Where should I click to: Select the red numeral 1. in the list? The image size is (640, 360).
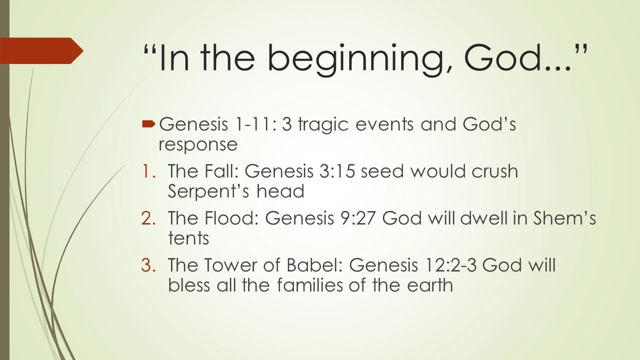[148, 171]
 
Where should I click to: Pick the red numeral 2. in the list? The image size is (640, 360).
[148, 218]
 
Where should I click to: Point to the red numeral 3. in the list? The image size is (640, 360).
[148, 265]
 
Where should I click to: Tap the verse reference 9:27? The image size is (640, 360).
[357, 218]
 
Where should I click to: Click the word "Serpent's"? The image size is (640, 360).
[208, 191]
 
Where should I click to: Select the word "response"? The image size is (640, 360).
[198, 145]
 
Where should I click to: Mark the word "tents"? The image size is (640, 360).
[188, 238]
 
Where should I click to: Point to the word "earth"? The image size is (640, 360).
[430, 285]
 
